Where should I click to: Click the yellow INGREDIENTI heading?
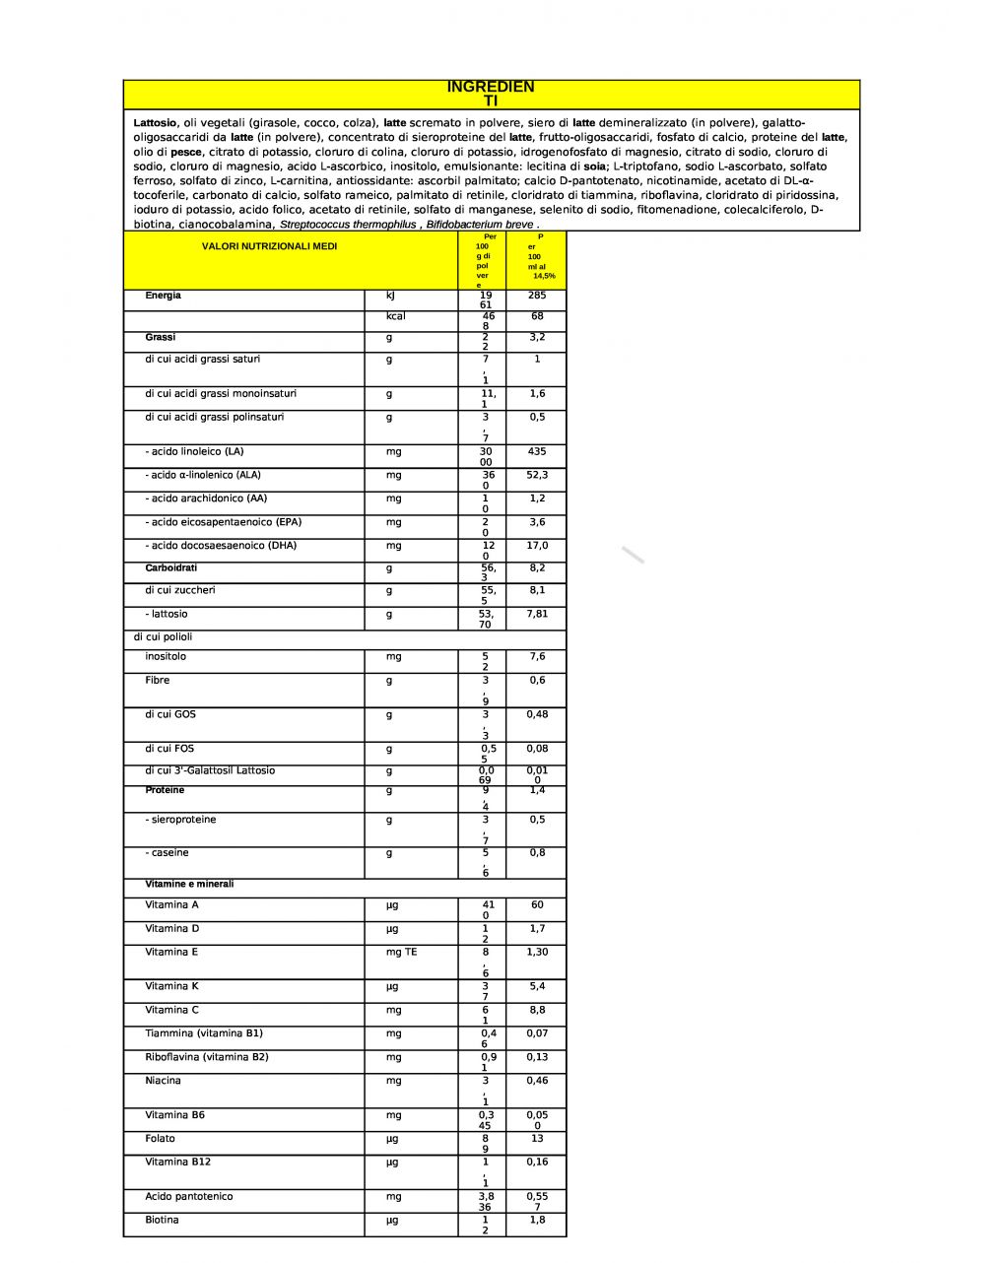pyautogui.click(x=491, y=94)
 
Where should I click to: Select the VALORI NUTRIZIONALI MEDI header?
pyautogui.click(x=269, y=246)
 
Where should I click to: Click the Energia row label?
pyautogui.click(x=163, y=296)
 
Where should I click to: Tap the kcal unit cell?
pyautogui.click(x=396, y=316)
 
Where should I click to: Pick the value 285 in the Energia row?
pyautogui.click(x=536, y=296)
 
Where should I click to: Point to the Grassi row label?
pyautogui.click(x=161, y=337)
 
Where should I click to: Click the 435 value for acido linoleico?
pyautogui.click(x=536, y=451)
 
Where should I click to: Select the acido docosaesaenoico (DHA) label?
pyautogui.click(x=221, y=546)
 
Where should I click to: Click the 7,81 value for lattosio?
pyautogui.click(x=536, y=614)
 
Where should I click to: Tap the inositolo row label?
pyautogui.click(x=166, y=657)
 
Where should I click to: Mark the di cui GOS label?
pyautogui.click(x=170, y=714)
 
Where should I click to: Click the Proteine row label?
pyautogui.click(x=165, y=790)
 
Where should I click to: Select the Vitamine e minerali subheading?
pyautogui.click(x=189, y=884)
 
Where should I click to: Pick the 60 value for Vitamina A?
pyautogui.click(x=536, y=904)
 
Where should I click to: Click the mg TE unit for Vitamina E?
pyautogui.click(x=401, y=953)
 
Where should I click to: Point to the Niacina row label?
pyautogui.click(x=163, y=1081)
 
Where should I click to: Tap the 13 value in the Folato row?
pyautogui.click(x=536, y=1139)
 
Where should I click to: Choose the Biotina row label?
pyautogui.click(x=162, y=1221)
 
